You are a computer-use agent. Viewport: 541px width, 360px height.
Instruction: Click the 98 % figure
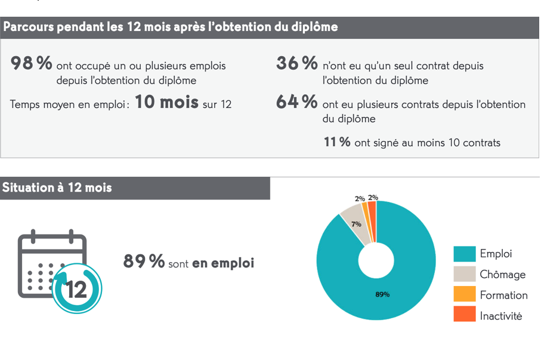(32, 63)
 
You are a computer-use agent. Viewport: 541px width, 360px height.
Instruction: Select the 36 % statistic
(296, 63)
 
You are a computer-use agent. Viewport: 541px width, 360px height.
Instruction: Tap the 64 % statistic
(296, 102)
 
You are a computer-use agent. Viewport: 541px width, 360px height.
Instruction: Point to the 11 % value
(337, 142)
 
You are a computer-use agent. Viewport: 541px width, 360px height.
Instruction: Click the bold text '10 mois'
(166, 102)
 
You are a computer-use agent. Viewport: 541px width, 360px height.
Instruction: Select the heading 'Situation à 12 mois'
(57, 187)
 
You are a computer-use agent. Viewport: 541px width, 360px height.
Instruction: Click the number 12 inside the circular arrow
(76, 290)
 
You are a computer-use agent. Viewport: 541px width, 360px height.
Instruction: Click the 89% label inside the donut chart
(382, 294)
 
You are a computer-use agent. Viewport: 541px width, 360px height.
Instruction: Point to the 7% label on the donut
(356, 224)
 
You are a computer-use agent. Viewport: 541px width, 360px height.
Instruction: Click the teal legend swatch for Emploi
(464, 254)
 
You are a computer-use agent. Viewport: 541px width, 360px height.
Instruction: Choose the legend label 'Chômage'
(502, 275)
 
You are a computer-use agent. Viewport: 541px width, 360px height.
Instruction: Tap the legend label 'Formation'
(503, 295)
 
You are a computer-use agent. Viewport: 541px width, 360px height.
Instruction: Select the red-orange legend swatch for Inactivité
(464, 315)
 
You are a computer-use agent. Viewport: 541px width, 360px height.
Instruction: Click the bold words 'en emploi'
(223, 263)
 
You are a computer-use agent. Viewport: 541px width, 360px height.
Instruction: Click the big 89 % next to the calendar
(144, 261)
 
